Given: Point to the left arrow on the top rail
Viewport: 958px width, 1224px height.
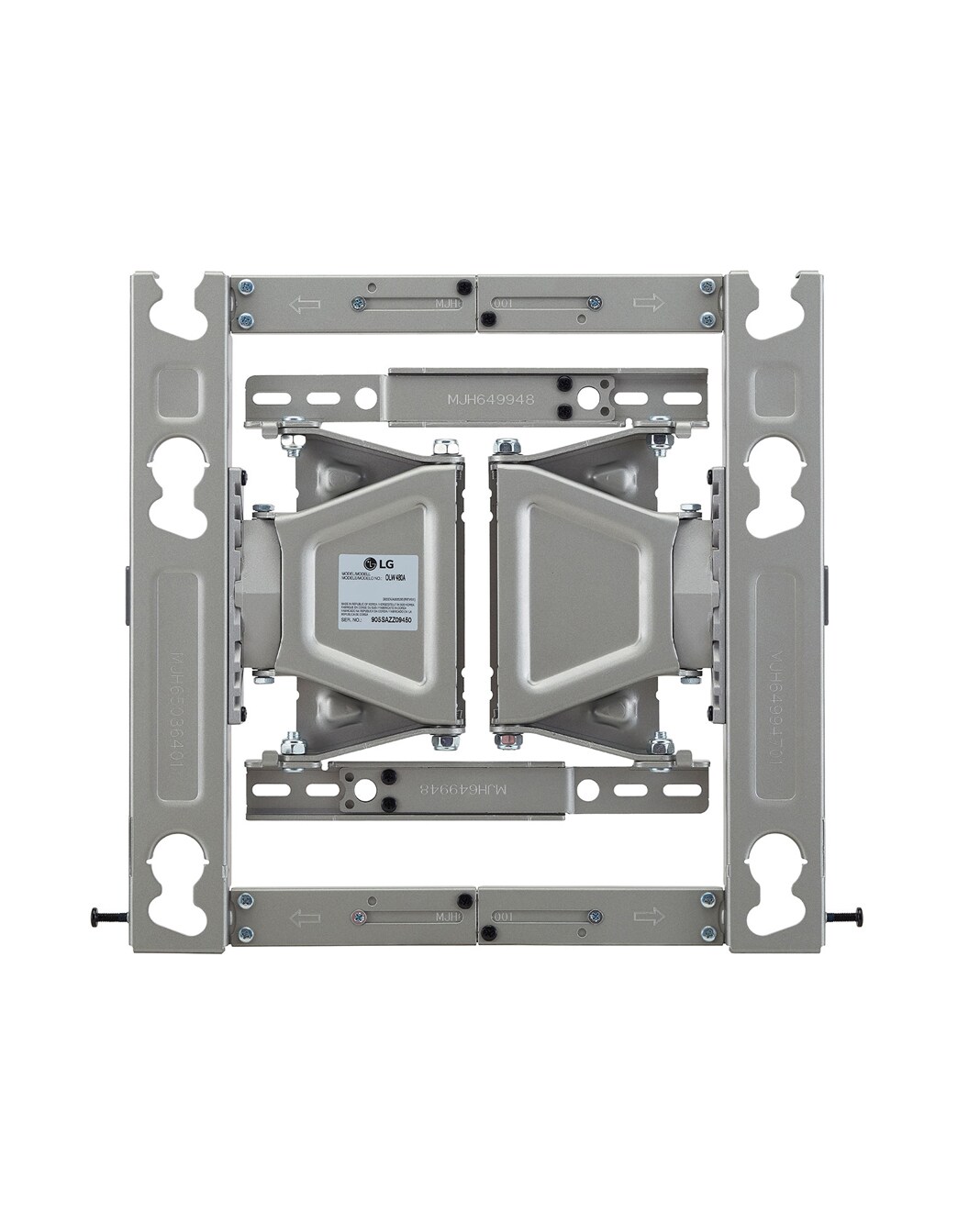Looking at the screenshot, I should [x=300, y=304].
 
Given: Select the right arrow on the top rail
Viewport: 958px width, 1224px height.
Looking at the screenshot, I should [x=648, y=304].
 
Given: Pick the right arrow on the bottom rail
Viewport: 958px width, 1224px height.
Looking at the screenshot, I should [x=648, y=917].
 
